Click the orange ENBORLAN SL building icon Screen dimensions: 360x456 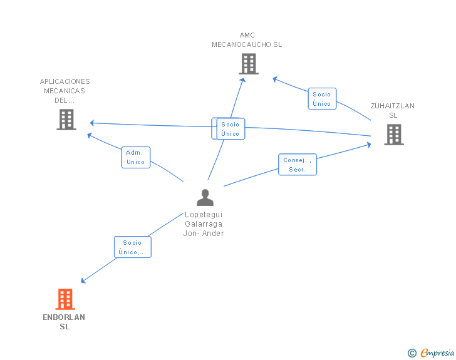coord(65,299)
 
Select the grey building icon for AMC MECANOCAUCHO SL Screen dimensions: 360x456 coord(248,64)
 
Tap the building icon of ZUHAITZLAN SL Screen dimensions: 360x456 coord(393,134)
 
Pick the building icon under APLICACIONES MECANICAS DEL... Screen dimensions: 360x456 coord(66,119)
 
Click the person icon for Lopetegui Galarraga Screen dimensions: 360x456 coord(205,197)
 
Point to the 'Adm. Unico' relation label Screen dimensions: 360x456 coord(135,157)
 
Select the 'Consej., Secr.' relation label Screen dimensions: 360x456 coord(298,165)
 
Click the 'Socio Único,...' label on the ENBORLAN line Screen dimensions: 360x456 coord(132,247)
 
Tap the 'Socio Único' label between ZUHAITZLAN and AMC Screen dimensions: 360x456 coord(322,99)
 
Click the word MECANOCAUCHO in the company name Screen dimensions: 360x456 coord(241,44)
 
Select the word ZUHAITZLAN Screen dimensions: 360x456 coord(393,106)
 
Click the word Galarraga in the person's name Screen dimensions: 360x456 coord(204,224)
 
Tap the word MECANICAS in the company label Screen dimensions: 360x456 coord(65,91)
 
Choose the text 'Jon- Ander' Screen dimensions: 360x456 coord(204,234)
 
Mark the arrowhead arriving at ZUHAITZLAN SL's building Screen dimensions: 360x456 coord(368,145)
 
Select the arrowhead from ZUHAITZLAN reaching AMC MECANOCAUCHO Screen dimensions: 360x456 coord(275,78)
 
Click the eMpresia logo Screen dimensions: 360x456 coord(437,352)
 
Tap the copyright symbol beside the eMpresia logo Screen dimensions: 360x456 coord(412,353)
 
